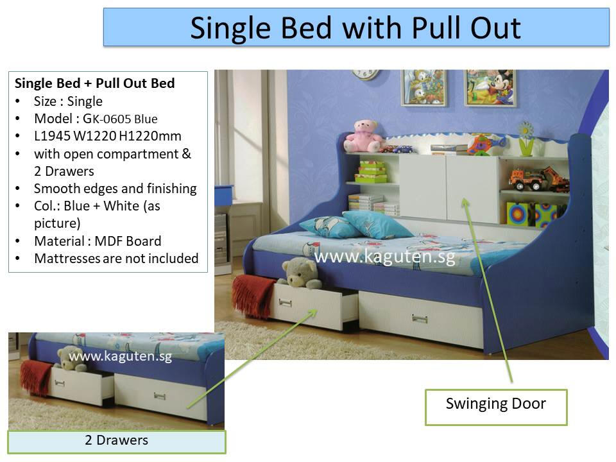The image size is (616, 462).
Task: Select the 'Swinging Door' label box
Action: [496, 407]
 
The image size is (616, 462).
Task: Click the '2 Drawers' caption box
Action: [117, 441]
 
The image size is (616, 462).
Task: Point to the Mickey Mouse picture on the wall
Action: [490, 88]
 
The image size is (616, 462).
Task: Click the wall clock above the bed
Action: [365, 74]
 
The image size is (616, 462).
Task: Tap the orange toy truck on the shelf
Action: [538, 179]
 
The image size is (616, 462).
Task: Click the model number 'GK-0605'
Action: [107, 119]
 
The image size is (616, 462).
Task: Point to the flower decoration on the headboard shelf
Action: [526, 139]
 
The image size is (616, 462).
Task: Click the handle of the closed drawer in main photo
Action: [420, 318]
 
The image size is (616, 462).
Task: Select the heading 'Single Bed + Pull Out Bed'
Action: [95, 83]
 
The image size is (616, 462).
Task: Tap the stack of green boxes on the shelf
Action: [372, 171]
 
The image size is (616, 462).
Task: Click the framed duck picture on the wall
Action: [424, 88]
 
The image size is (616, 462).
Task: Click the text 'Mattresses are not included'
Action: [116, 259]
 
